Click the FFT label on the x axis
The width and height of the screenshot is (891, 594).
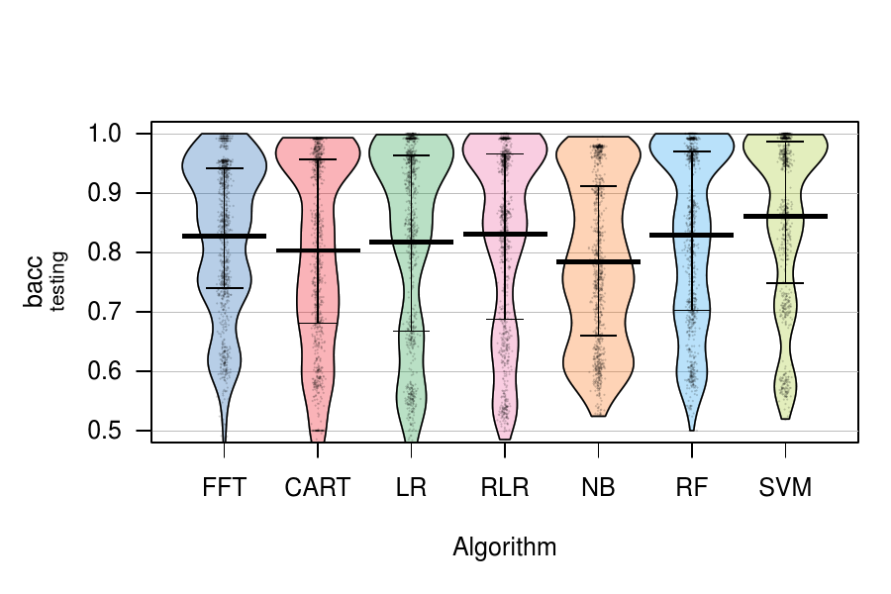point(224,488)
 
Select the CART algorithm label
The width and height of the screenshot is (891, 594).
point(318,488)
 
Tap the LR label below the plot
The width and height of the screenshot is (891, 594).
point(411,488)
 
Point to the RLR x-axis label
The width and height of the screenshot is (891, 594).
point(505,488)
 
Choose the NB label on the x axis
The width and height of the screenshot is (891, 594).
point(598,488)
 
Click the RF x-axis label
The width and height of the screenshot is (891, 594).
point(692,488)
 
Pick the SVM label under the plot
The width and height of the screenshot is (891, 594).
point(785,488)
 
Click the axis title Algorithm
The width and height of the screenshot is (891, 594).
point(505,547)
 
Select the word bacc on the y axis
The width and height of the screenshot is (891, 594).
point(34,282)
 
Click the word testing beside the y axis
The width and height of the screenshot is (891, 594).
point(58,282)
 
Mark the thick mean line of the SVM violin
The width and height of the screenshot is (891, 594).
point(785,216)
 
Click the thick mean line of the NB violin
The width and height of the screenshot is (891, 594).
point(598,262)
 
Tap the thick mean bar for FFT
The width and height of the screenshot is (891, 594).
point(225,236)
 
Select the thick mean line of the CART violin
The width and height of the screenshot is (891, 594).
point(318,250)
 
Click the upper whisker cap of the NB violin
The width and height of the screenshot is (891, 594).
point(598,186)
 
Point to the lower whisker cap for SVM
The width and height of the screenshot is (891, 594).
point(785,283)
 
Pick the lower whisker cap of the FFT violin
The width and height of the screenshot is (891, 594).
point(225,288)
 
